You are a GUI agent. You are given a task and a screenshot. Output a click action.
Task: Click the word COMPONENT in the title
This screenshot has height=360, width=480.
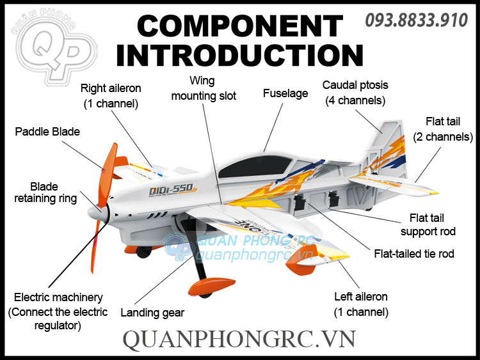pyautogui.click(x=239, y=26)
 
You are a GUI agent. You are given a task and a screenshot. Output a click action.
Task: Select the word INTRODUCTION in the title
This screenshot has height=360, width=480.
pyautogui.click(x=239, y=56)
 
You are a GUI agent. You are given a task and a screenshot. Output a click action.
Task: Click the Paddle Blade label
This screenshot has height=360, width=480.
pyautogui.click(x=47, y=132)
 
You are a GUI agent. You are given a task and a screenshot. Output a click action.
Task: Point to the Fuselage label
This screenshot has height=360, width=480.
pyautogui.click(x=285, y=93)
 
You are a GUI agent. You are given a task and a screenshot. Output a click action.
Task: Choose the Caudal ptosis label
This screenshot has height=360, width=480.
pyautogui.click(x=355, y=93)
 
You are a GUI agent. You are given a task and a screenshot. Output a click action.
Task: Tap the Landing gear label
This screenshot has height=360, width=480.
pyautogui.click(x=152, y=313)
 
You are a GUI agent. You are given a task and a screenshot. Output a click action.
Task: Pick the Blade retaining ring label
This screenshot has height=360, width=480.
pyautogui.click(x=45, y=192)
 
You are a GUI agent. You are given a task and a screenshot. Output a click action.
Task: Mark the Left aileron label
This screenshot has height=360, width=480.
pyautogui.click(x=361, y=304)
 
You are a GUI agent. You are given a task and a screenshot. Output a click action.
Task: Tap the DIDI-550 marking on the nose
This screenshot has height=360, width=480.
pyautogui.click(x=172, y=189)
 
